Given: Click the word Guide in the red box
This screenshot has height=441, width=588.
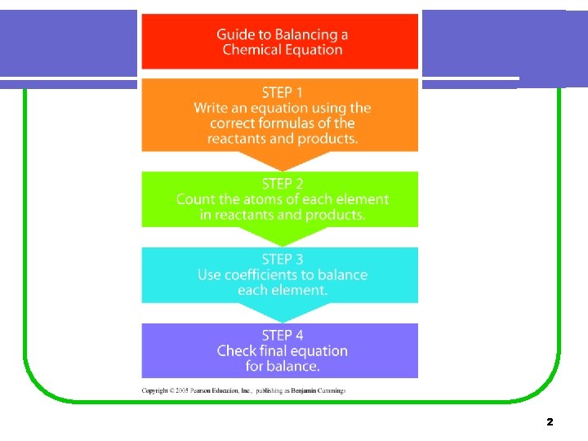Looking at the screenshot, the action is [x=235, y=34].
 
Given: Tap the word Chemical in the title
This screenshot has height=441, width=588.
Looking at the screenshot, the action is [x=252, y=50].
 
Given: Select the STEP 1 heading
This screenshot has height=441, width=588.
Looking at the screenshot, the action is [x=282, y=92].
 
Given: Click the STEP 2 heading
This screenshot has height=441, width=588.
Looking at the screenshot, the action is [x=282, y=184].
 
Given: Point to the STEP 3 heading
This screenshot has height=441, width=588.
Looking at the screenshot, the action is [x=282, y=260].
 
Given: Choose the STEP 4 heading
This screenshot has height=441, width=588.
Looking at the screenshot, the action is [x=282, y=335].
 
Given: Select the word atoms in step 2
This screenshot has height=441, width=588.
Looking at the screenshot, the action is [x=252, y=199].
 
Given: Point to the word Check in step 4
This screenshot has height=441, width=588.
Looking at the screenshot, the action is [x=237, y=351].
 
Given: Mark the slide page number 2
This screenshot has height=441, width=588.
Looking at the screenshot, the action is [x=550, y=422].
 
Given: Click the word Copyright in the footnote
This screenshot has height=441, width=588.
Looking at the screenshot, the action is [x=156, y=390].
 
